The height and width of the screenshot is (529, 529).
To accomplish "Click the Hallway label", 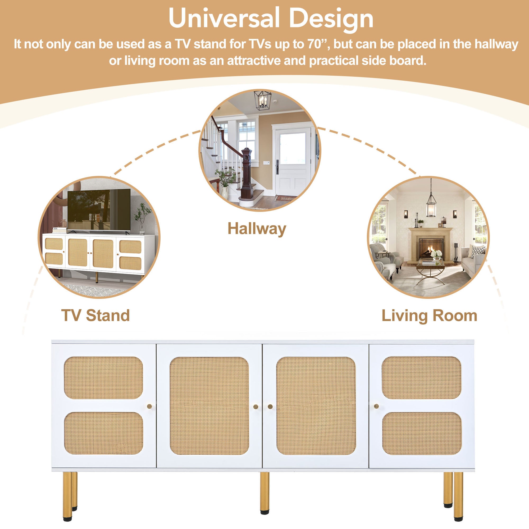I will coord(257,229).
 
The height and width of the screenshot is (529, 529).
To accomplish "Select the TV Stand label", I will coord(95,316).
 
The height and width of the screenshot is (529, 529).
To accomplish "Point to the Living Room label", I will coord(429,316).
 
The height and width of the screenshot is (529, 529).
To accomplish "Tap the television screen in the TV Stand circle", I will coord(99,209).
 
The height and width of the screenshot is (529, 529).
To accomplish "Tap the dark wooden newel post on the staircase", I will coord(246,172).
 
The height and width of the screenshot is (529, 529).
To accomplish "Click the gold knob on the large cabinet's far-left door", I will coord(149,406).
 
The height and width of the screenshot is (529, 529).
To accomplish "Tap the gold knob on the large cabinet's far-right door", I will coord(376,406).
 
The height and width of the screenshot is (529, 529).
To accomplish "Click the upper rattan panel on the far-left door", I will coord(103,378).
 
